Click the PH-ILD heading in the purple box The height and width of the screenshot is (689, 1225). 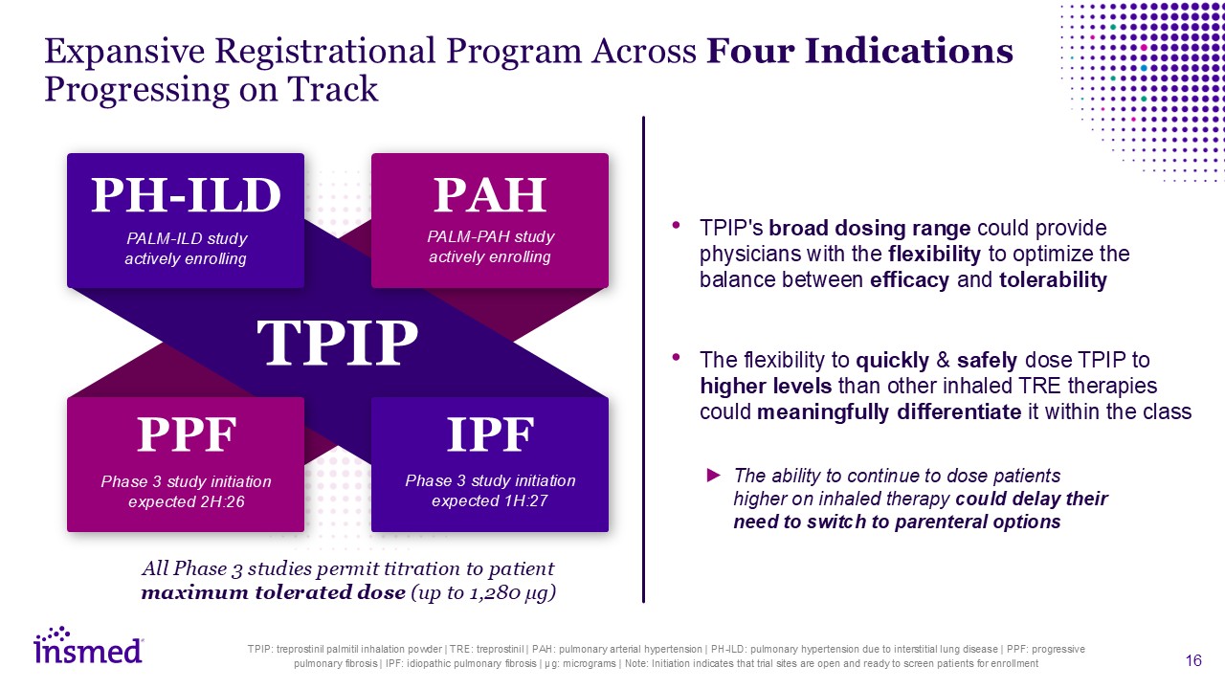tap(186, 195)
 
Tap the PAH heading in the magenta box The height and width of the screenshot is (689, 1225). tap(490, 194)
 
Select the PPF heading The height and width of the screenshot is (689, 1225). tap(186, 434)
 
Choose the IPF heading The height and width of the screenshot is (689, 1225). tap(490, 434)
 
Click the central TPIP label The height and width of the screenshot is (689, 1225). tap(338, 343)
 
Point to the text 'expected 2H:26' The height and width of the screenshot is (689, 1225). tap(186, 502)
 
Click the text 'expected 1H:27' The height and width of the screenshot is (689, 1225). tap(490, 500)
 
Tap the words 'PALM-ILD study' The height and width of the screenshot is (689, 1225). tap(187, 239)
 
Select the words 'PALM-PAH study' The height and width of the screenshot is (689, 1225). tap(491, 236)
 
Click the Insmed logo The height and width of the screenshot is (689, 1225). tap(89, 645)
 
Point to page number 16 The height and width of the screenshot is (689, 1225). tap(1193, 660)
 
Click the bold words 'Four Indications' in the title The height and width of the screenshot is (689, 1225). tap(859, 51)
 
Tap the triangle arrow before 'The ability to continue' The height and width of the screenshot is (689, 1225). tap(714, 475)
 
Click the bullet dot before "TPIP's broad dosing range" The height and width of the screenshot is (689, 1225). tap(677, 225)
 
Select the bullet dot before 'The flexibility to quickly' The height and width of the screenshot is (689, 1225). tap(677, 357)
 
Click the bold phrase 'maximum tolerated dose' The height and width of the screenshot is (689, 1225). tap(274, 592)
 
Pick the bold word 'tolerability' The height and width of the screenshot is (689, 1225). tap(1054, 280)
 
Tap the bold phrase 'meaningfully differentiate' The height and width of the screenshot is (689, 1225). tap(889, 412)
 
